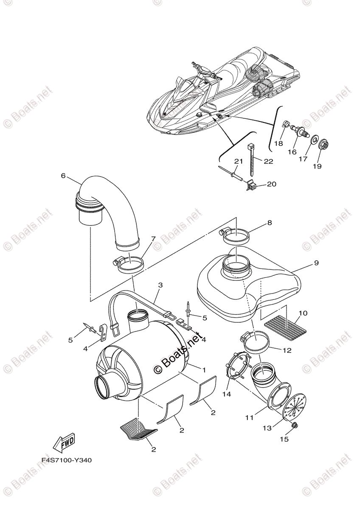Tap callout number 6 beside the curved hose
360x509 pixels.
(63, 176)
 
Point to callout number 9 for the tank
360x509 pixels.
(316, 263)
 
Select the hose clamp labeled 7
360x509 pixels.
(128, 266)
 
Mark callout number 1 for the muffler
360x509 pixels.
(203, 370)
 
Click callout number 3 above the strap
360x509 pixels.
(160, 285)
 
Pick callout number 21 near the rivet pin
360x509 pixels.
(238, 161)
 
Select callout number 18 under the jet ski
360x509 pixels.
(278, 144)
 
